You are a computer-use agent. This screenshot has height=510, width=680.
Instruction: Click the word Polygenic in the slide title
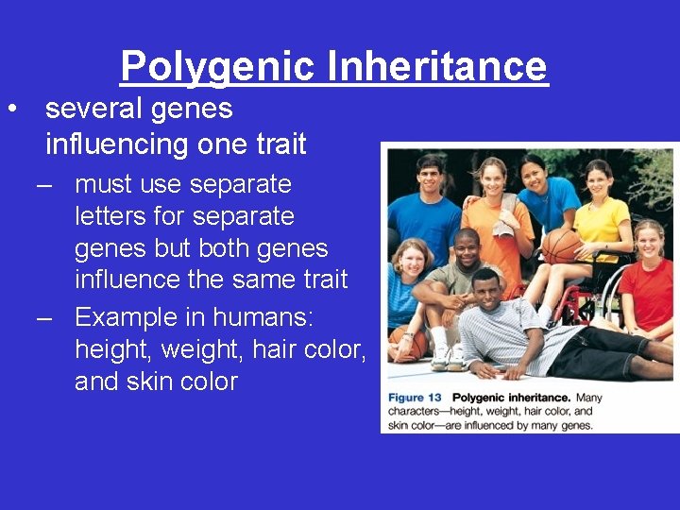point(217,66)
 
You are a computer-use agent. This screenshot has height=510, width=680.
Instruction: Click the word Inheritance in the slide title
point(437,66)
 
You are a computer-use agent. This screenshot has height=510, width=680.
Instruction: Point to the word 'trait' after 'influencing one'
point(280,144)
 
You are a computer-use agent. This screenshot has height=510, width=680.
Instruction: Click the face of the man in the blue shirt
point(431,175)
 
